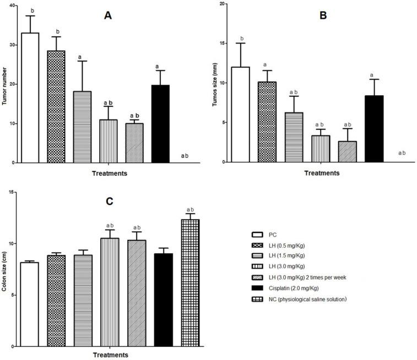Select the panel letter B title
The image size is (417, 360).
click(323, 16)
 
